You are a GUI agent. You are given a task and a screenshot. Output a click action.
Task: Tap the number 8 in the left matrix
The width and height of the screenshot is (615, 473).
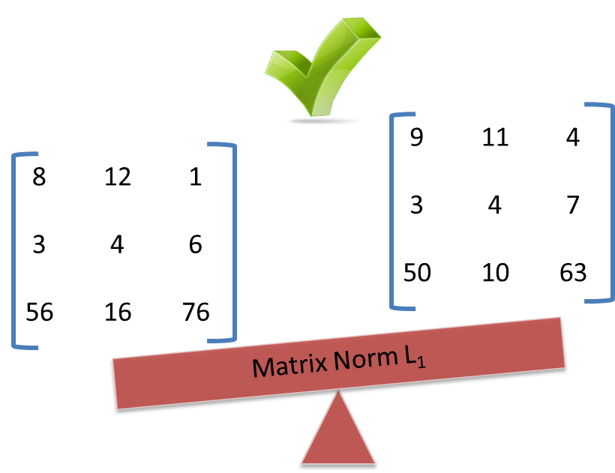[x=39, y=177]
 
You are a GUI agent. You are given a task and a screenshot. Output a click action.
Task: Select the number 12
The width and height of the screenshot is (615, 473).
[x=118, y=177]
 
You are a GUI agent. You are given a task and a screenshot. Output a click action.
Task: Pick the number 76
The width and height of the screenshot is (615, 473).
[x=196, y=311]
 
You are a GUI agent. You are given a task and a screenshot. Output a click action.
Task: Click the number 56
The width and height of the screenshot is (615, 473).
[x=39, y=311]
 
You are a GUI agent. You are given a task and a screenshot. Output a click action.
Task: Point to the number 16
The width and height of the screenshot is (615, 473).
[x=118, y=311]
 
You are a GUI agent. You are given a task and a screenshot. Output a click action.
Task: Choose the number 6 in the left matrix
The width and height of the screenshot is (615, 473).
[x=196, y=244]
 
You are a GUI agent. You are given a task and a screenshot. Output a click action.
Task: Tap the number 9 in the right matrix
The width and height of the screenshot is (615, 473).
[x=416, y=137]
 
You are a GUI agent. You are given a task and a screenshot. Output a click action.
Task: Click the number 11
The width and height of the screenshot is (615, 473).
[x=495, y=137]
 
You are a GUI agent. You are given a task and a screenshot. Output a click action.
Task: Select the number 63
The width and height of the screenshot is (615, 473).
[x=573, y=272]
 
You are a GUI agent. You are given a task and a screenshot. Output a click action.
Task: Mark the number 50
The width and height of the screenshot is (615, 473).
[x=416, y=272]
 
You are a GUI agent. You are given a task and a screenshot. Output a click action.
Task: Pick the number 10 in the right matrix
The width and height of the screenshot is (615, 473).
[x=495, y=272]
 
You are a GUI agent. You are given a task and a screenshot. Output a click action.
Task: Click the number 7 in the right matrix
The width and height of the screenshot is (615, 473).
[x=573, y=205]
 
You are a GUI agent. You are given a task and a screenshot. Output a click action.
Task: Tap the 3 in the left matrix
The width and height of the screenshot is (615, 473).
[x=39, y=244]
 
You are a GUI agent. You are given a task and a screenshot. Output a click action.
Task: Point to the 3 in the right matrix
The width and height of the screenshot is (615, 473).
[x=416, y=205]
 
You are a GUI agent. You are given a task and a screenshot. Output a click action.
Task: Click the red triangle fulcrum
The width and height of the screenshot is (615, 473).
[x=338, y=435]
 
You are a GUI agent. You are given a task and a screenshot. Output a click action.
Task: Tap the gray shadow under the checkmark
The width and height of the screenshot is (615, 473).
[x=325, y=120]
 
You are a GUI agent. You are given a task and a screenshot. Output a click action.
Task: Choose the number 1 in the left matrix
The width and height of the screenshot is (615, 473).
[x=196, y=177]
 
